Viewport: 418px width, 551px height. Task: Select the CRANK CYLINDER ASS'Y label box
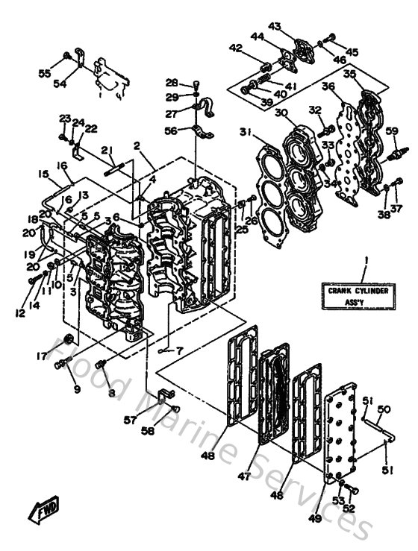pyautogui.click(x=355, y=297)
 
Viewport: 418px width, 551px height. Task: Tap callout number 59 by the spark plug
pyautogui.click(x=390, y=133)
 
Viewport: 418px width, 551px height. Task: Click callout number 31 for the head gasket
pyautogui.click(x=246, y=133)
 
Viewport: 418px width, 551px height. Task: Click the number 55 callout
pyautogui.click(x=44, y=74)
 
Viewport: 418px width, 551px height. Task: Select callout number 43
pyautogui.click(x=275, y=26)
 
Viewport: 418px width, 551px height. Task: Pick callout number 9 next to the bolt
pyautogui.click(x=76, y=388)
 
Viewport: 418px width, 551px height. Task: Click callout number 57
pyautogui.click(x=131, y=421)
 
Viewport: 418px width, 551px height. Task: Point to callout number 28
pyautogui.click(x=172, y=82)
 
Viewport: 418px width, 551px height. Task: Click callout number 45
pyautogui.click(x=351, y=51)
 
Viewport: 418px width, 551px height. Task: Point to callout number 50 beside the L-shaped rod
pyautogui.click(x=384, y=409)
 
